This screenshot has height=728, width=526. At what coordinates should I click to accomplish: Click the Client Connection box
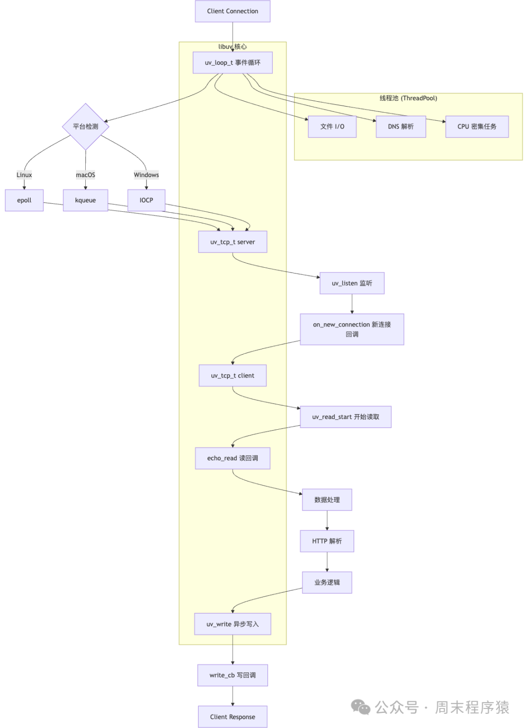tap(232, 11)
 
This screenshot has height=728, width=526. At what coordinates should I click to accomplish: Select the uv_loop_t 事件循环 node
tap(232, 63)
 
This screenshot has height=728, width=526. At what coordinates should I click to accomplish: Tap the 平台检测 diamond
tap(86, 127)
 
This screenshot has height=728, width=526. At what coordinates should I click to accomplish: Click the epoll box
tap(24, 200)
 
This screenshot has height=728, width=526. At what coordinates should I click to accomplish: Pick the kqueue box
tap(85, 200)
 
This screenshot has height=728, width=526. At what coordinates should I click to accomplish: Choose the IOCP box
tap(146, 200)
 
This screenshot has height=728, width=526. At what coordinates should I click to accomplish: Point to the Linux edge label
tap(24, 175)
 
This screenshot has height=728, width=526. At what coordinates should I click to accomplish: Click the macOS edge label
tap(85, 175)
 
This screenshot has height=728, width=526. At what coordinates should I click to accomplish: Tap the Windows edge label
tap(146, 175)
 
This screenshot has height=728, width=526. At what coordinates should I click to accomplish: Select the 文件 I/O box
tap(332, 127)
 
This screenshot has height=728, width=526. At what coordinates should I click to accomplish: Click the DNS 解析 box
tap(401, 127)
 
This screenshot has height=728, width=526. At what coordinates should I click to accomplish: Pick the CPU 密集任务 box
tap(477, 127)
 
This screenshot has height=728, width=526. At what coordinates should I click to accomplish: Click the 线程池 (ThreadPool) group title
tap(408, 98)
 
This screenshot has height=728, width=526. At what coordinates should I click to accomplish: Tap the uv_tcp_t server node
tap(232, 242)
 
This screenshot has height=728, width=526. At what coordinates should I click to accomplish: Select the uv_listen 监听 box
tap(352, 283)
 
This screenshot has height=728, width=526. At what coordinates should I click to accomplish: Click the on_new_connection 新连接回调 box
tap(352, 329)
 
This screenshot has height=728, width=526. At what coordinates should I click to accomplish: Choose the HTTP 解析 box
tap(327, 541)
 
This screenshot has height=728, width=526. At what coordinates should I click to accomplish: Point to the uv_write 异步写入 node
tap(232, 624)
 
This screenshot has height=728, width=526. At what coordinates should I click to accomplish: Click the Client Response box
tap(232, 717)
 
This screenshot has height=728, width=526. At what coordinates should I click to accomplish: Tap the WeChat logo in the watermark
tap(361, 707)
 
